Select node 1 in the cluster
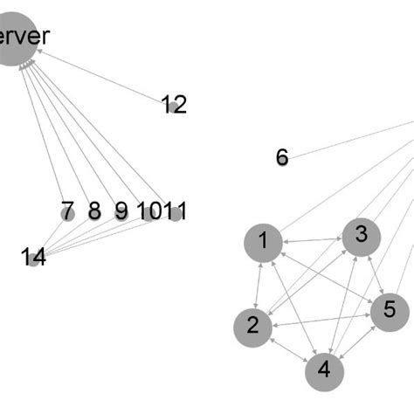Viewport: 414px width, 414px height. (x=264, y=242)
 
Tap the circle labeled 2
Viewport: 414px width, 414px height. (x=252, y=327)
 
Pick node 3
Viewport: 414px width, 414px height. (x=361, y=236)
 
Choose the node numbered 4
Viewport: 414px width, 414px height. (x=325, y=370)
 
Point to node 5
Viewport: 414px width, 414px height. (x=390, y=310)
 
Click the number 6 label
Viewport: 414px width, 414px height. (x=282, y=157)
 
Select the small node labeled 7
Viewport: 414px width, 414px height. (x=67, y=212)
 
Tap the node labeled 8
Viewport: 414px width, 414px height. (x=94, y=212)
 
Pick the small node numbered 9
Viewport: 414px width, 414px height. (x=121, y=212)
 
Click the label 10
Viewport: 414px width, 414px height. (x=148, y=212)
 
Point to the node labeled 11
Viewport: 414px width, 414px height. (x=176, y=212)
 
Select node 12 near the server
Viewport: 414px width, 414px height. (x=175, y=106)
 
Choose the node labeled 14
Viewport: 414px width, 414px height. (x=33, y=257)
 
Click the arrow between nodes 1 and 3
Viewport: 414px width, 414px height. (x=312, y=239)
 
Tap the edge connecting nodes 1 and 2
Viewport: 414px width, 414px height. (x=259, y=284)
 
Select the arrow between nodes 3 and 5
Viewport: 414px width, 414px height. (x=375, y=273)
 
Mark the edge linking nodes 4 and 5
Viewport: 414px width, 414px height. (x=358, y=340)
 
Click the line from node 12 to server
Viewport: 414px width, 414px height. (x=105, y=79)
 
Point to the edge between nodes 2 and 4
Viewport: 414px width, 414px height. (x=288, y=348)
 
